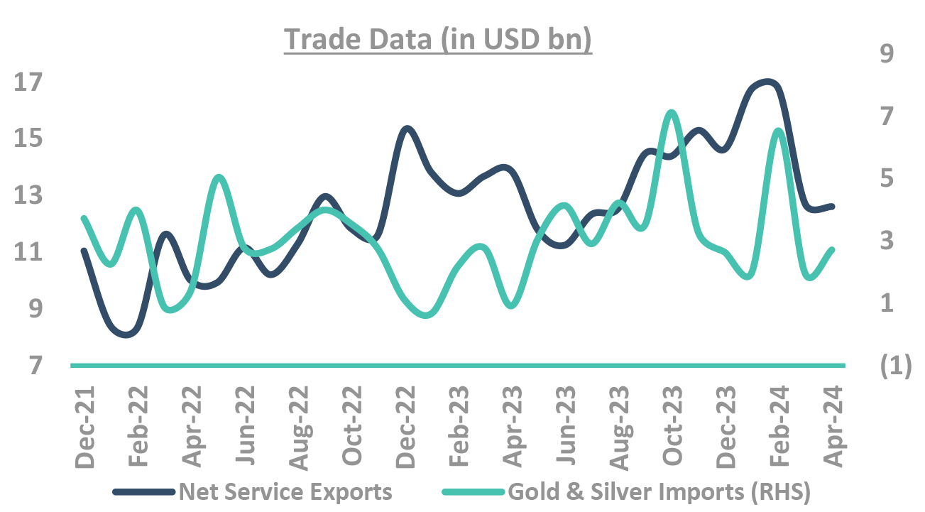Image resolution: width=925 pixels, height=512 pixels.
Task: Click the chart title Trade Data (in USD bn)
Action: [x=438, y=40]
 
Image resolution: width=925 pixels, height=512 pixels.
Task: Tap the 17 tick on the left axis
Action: [x=29, y=82]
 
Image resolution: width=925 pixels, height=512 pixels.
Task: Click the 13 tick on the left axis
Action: [x=29, y=195]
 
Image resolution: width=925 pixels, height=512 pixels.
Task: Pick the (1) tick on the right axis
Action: [x=894, y=365]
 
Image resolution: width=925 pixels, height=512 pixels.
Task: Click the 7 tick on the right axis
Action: [x=888, y=115]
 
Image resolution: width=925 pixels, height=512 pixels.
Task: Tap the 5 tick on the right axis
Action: [x=888, y=178]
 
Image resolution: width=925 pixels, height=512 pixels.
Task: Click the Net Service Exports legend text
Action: [x=285, y=491]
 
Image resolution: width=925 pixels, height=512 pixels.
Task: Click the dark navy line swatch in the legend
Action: [x=143, y=491]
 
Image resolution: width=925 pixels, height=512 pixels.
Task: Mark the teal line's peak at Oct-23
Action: [x=672, y=112]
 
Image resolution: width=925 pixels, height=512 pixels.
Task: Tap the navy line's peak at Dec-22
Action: [x=407, y=129]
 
